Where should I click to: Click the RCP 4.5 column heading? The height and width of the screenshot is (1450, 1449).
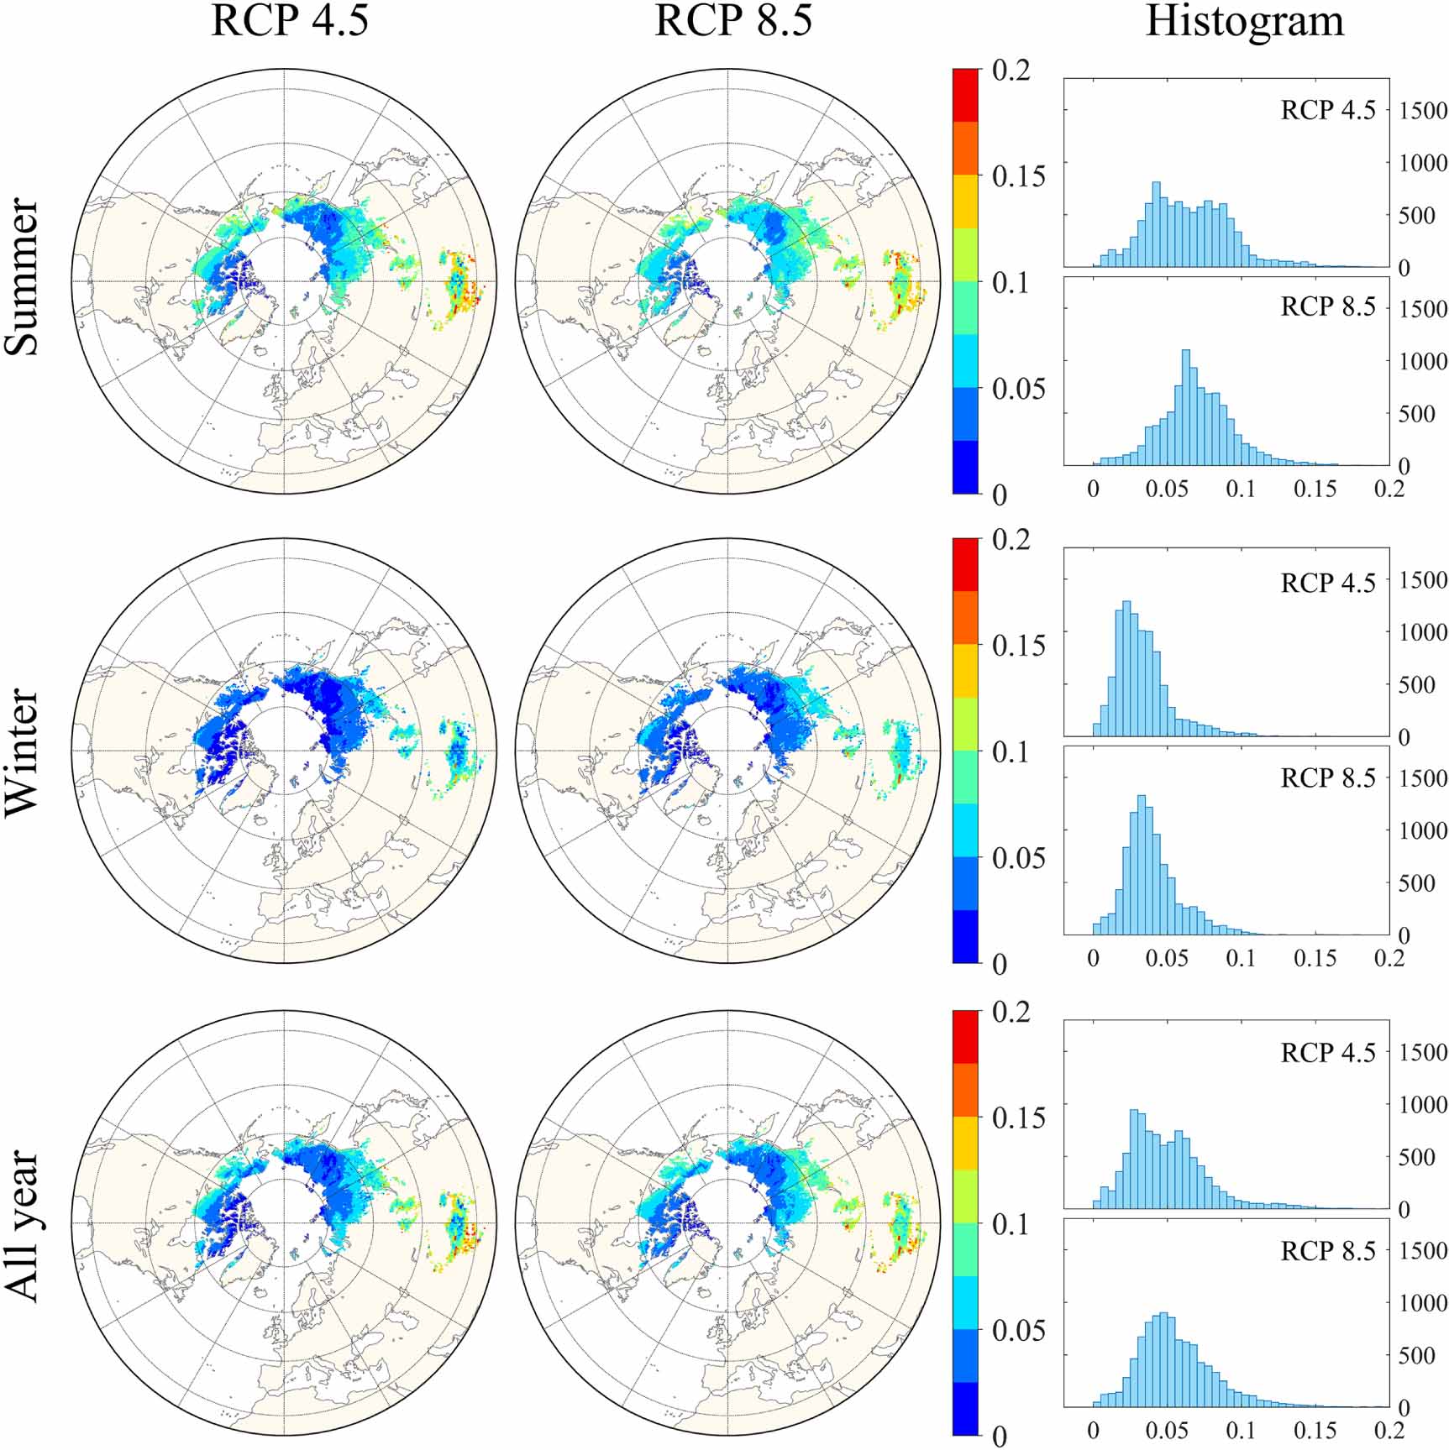[x=289, y=21]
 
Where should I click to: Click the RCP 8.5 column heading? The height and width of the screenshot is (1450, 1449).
[x=732, y=21]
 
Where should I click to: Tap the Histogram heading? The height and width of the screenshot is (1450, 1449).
[x=1245, y=21]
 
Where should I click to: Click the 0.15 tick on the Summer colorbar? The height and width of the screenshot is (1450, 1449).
[x=1018, y=176]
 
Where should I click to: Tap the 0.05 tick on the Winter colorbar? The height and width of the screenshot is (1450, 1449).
[x=1018, y=858]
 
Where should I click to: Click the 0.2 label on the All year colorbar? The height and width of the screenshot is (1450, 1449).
[x=1011, y=1012]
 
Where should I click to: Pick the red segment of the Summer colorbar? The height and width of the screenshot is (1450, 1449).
[x=965, y=95]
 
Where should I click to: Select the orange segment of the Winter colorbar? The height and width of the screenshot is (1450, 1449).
[x=965, y=618]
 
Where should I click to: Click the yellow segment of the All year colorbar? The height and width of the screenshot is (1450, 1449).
[x=965, y=1142]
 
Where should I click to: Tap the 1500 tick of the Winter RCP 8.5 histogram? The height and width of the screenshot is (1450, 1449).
[x=1423, y=777]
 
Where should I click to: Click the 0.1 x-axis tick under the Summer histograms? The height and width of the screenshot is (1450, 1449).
[x=1240, y=489]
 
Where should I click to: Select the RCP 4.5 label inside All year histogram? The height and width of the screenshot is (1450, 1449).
[x=1328, y=1053]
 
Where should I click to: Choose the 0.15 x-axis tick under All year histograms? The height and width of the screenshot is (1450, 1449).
[x=1314, y=1430]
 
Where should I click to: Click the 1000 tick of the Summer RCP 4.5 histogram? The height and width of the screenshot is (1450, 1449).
[x=1423, y=163]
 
